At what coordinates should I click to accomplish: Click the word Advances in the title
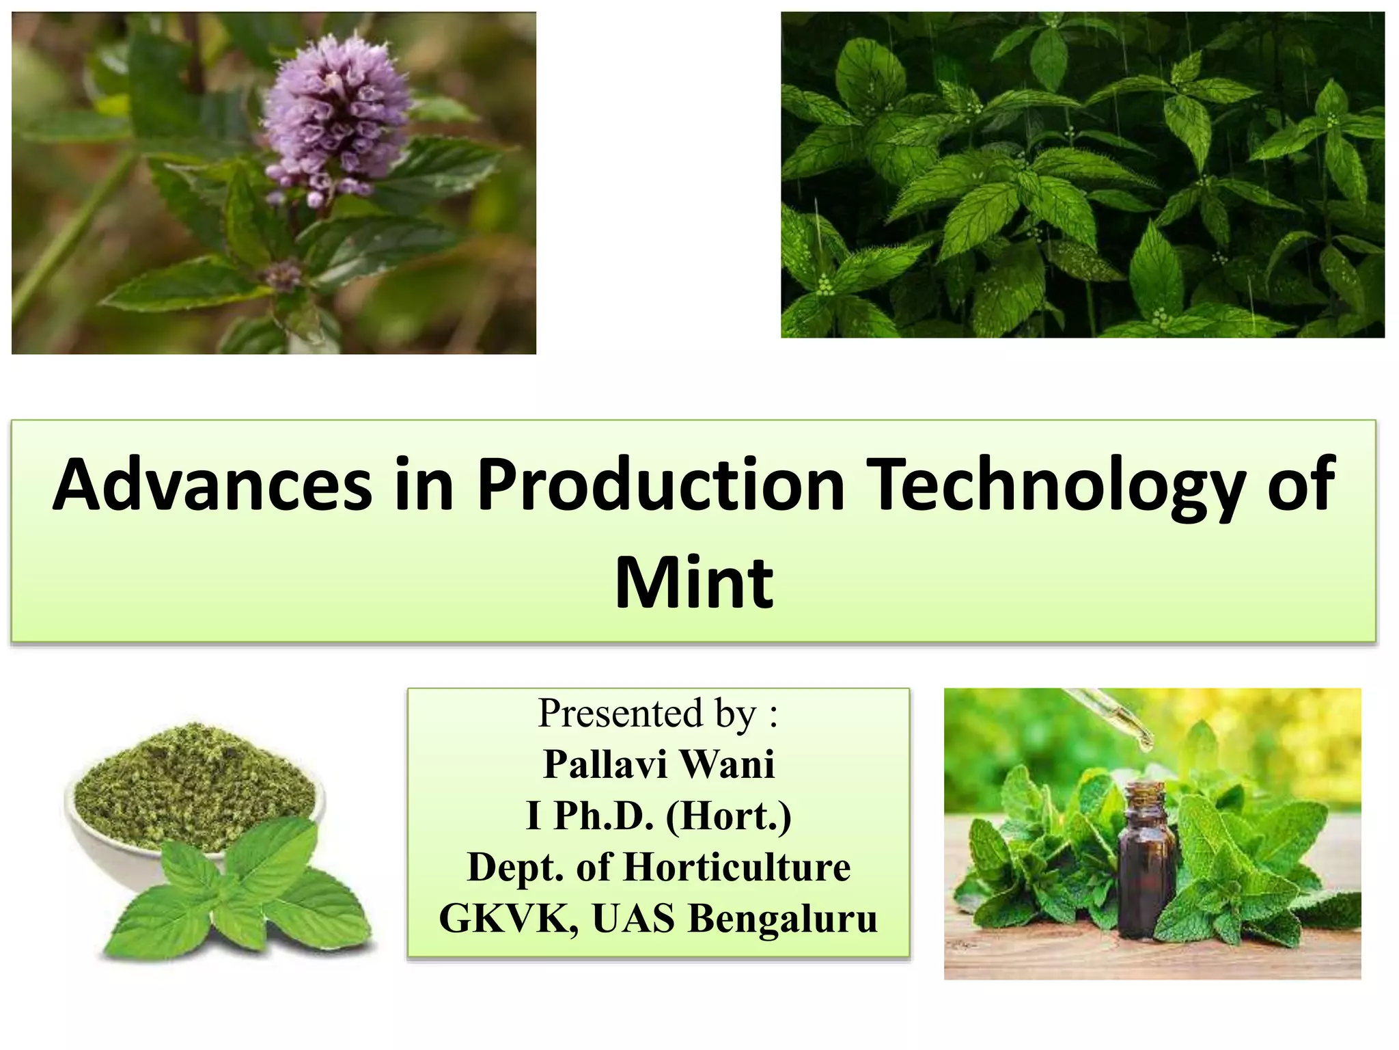[x=212, y=486]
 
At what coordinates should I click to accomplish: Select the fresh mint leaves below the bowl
[x=239, y=889]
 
